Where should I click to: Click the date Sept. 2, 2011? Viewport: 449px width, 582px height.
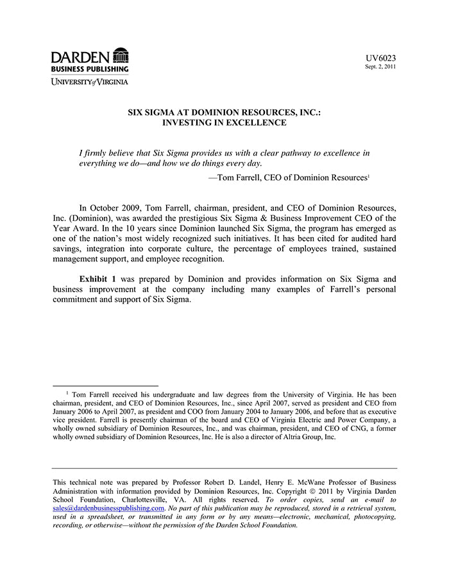[x=380, y=67]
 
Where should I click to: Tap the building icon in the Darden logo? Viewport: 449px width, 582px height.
[x=120, y=55]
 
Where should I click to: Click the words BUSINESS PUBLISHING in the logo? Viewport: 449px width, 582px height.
[x=90, y=69]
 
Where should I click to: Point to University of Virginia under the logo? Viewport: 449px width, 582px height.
[x=90, y=82]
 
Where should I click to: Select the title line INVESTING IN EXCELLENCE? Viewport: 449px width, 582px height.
[x=224, y=122]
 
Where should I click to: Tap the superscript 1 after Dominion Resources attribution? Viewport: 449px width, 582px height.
[x=369, y=175]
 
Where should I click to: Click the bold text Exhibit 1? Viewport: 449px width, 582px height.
[x=97, y=279]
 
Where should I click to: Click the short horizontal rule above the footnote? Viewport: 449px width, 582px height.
[x=105, y=387]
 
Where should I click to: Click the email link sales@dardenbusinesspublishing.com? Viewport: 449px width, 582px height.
[x=108, y=507]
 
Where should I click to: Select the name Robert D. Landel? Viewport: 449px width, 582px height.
[x=233, y=482]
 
